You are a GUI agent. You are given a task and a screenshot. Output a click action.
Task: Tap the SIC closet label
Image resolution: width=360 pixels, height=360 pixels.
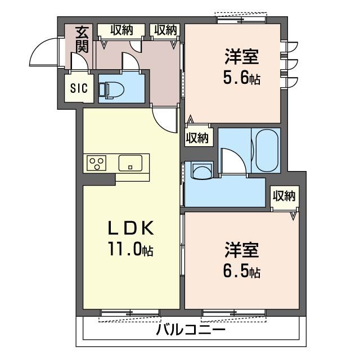pos(79,88)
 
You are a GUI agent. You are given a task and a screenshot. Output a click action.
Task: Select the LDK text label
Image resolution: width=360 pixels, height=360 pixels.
pos(131,228)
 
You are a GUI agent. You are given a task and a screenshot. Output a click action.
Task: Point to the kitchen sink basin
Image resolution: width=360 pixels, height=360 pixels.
pos(130,163)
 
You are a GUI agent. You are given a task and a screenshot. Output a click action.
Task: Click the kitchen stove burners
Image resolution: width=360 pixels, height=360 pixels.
pos(96,163)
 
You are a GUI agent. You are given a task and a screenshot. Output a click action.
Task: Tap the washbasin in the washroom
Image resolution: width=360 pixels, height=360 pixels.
pos(202,169)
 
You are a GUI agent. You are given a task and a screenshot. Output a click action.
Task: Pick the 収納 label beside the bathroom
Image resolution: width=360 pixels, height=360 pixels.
pos(197,137)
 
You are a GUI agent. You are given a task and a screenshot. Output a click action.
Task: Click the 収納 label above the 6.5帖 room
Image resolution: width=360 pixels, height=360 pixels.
pos(284,196)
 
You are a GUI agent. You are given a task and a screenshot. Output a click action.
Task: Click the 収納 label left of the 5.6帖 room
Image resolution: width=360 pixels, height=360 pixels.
pos(165,30)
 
